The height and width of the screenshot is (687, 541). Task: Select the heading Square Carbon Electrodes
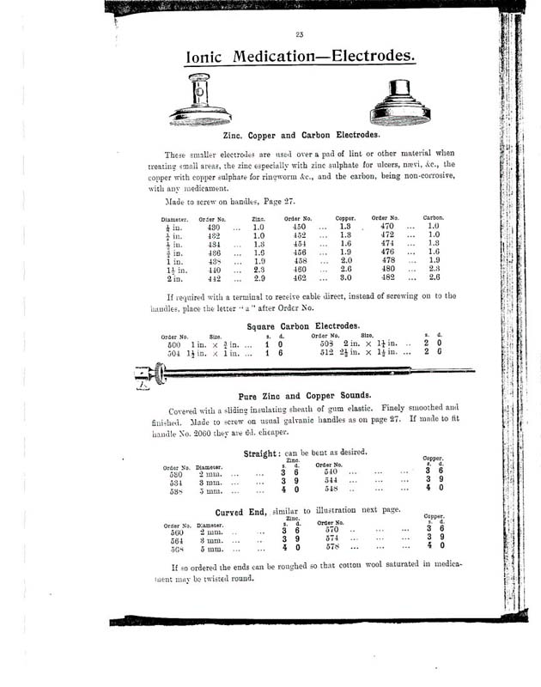300,327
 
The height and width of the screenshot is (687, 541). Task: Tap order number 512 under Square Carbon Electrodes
328,352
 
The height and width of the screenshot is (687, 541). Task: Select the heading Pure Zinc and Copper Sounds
299,397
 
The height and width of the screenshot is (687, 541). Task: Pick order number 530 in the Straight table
174,473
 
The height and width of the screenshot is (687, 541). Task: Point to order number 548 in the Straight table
329,489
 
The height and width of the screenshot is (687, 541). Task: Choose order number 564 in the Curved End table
177,540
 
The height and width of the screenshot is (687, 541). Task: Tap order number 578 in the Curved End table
332,546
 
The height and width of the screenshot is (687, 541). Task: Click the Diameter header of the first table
176,220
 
